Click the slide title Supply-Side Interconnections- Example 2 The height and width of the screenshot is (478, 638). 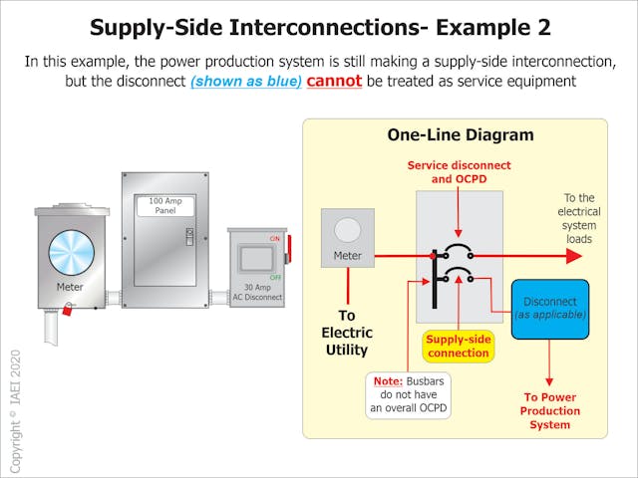pyautogui.click(x=319, y=26)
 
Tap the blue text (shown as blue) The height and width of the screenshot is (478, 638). pyautogui.click(x=246, y=82)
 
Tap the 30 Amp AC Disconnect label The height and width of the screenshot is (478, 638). pyautogui.click(x=256, y=292)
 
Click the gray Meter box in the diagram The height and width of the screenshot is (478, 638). pyautogui.click(x=346, y=239)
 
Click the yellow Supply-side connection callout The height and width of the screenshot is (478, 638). pyautogui.click(x=458, y=346)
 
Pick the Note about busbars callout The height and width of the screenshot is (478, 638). pyautogui.click(x=409, y=395)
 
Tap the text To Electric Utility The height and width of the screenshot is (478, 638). pyautogui.click(x=345, y=333)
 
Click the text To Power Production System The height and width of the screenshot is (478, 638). pyautogui.click(x=550, y=410)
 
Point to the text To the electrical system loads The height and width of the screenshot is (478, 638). pyautogui.click(x=579, y=218)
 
